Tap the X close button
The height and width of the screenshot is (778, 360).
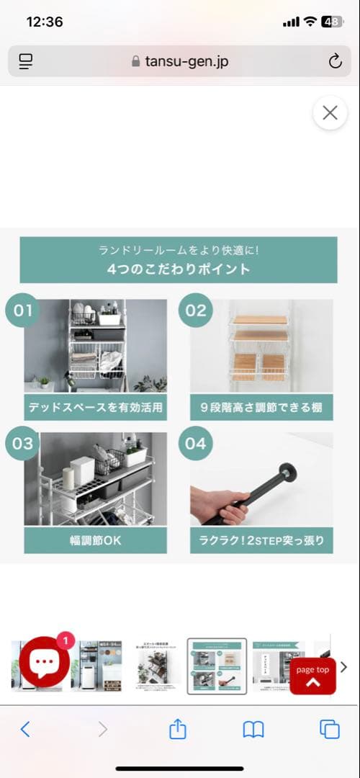click(x=330, y=113)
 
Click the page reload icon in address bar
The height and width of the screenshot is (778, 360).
click(x=335, y=61)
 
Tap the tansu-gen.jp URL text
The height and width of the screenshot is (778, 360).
click(x=186, y=61)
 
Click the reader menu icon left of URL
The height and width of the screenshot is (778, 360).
click(x=26, y=61)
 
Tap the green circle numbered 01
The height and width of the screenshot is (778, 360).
click(x=23, y=310)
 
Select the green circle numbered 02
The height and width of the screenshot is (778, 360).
click(x=196, y=310)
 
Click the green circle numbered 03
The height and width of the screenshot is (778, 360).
click(x=23, y=443)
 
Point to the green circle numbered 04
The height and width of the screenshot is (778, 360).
click(x=196, y=443)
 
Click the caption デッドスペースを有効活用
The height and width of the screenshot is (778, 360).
click(x=95, y=407)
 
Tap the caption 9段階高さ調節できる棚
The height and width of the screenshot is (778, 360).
click(x=261, y=407)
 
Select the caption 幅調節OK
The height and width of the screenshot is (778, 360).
click(x=95, y=540)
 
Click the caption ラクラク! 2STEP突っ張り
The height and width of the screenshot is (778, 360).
click(x=261, y=540)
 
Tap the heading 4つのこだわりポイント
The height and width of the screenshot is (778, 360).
click(x=178, y=269)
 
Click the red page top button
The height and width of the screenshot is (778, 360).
click(x=312, y=676)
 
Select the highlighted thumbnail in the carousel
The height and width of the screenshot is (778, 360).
click(x=217, y=666)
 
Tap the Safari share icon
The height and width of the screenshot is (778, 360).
click(x=177, y=730)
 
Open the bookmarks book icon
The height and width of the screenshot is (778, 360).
click(x=253, y=730)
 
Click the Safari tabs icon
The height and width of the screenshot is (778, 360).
click(x=329, y=730)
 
